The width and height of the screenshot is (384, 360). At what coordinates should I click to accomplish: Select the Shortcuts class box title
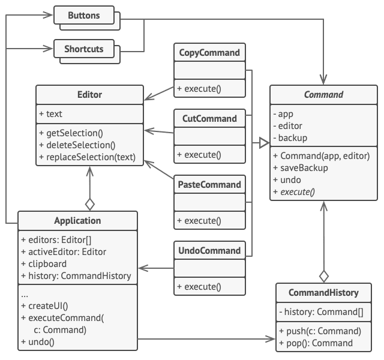pyautogui.click(x=83, y=48)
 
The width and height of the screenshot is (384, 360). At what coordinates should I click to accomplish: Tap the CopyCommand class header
pyautogui.click(x=209, y=52)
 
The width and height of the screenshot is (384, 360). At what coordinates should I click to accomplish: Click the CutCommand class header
pyautogui.click(x=209, y=118)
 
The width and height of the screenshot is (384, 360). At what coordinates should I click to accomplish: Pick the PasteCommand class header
pyautogui.click(x=209, y=184)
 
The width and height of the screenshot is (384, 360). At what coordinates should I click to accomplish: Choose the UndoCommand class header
pyautogui.click(x=209, y=250)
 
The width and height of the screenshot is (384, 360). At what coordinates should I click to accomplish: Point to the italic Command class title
pyautogui.click(x=323, y=94)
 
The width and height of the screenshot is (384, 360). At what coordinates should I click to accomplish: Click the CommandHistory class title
pyautogui.click(x=323, y=293)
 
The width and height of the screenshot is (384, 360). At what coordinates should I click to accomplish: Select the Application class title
pyautogui.click(x=78, y=220)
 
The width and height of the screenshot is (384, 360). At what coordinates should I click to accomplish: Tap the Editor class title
pyautogui.click(x=89, y=94)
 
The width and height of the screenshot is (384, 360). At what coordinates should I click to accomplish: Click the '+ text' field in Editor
pyautogui.click(x=51, y=113)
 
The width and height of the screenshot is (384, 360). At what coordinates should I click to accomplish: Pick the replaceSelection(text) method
pyautogui.click(x=88, y=158)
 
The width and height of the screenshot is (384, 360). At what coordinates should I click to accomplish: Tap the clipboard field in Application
pyautogui.click(x=46, y=263)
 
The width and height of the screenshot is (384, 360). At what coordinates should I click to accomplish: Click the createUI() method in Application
pyautogui.click(x=46, y=307)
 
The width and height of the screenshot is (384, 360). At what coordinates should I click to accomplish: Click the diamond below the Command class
pyautogui.click(x=324, y=276)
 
